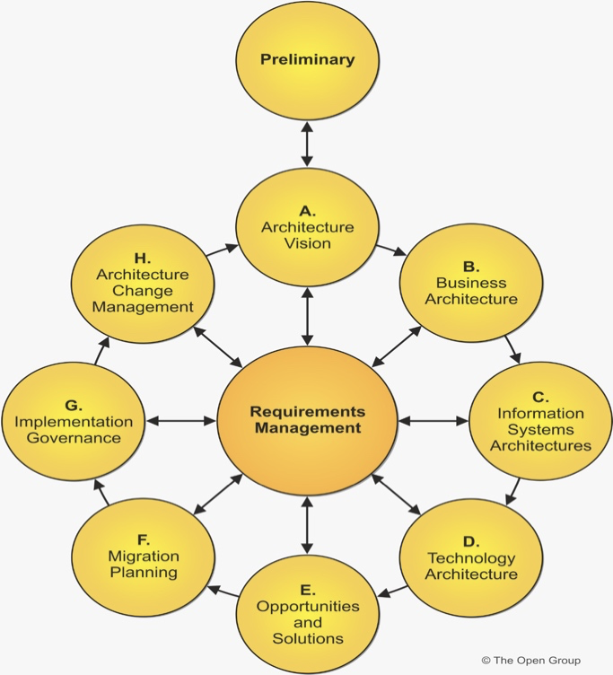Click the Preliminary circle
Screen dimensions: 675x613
[307, 60]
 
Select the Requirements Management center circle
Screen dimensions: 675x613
[307, 419]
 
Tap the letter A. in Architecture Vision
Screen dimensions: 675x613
[307, 211]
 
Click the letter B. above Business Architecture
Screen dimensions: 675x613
[470, 267]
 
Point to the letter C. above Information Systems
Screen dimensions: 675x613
[540, 397]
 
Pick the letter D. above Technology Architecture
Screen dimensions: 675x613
[470, 542]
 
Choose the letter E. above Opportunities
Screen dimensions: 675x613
[307, 590]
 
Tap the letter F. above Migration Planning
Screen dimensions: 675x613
[144, 539]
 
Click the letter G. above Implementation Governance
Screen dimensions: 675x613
[74, 406]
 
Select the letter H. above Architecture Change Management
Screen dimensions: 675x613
[144, 258]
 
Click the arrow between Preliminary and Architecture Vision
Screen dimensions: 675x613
[307, 145]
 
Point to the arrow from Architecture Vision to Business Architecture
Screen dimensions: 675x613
[389, 249]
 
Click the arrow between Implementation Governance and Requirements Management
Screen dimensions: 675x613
[180, 419]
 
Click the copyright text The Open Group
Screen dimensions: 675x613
[531, 661]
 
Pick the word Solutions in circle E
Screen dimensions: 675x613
[307, 638]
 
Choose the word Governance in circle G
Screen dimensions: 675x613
[74, 438]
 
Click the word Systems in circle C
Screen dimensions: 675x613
[540, 429]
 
